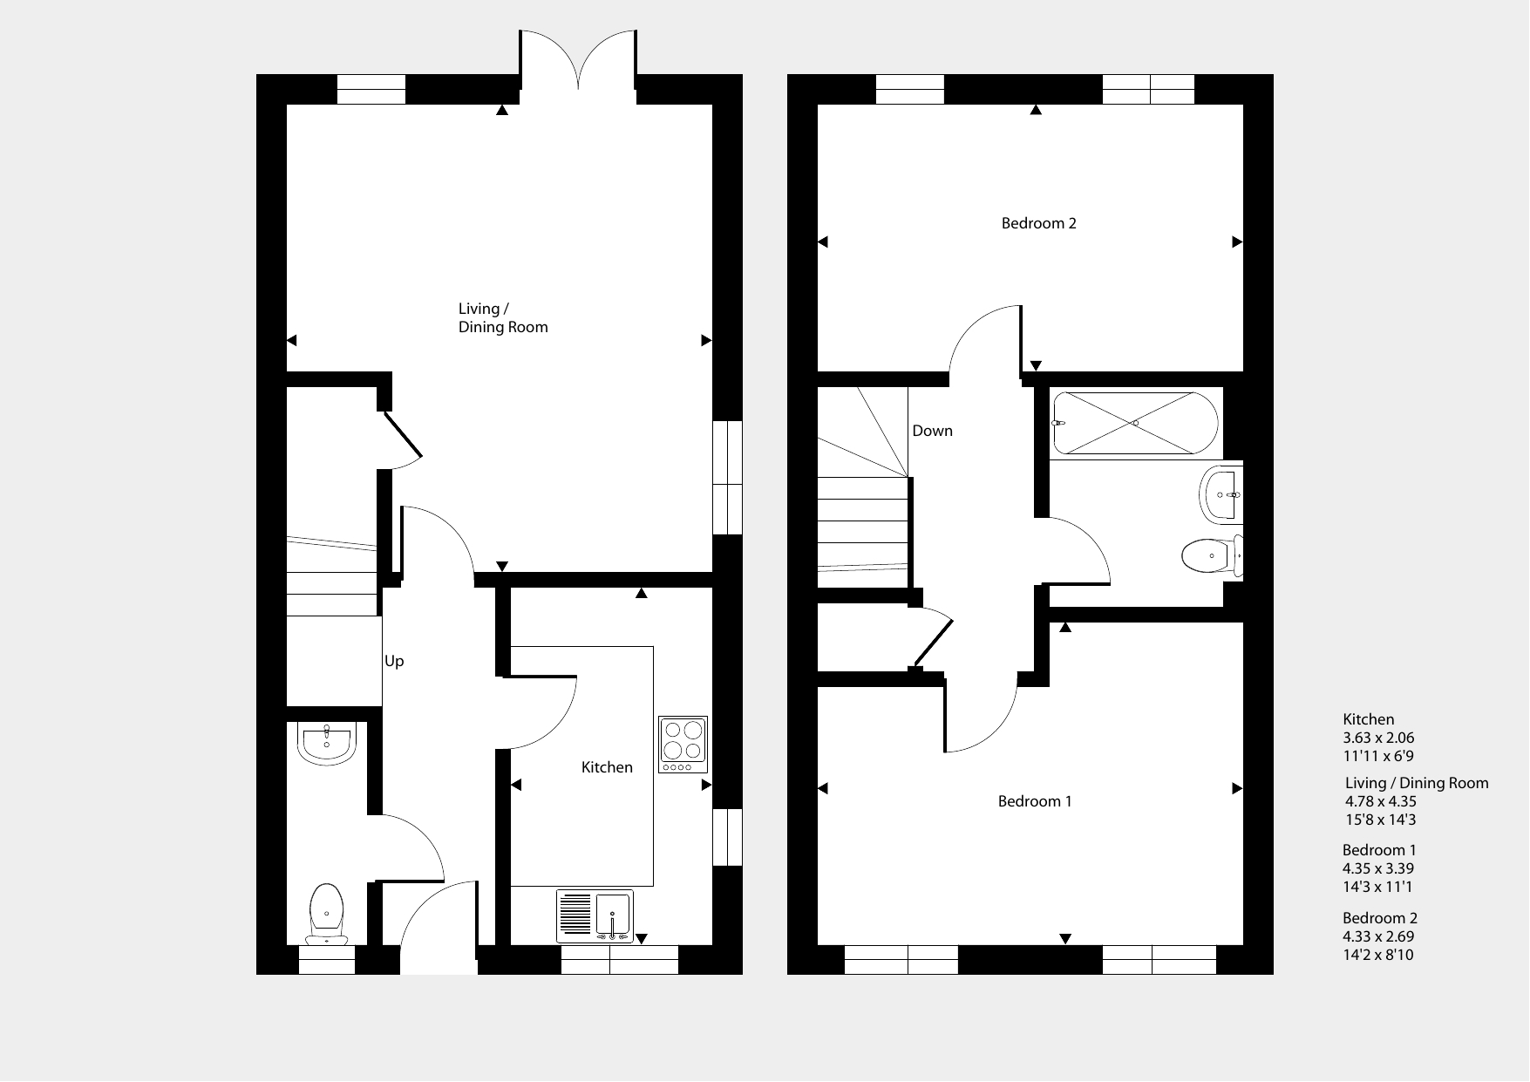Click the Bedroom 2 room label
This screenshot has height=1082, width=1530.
point(1038,223)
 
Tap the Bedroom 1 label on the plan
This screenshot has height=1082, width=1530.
point(1035,801)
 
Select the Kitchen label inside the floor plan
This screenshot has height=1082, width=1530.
point(607,767)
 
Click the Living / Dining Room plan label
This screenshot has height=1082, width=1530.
point(503,318)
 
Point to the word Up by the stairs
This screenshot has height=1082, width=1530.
point(394,662)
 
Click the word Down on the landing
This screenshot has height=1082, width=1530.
point(932,431)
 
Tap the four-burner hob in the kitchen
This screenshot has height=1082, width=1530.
point(683,744)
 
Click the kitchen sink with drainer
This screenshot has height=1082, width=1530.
point(595,916)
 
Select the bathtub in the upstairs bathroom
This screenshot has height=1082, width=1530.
point(1136,423)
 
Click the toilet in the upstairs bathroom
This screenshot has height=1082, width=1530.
point(1213,555)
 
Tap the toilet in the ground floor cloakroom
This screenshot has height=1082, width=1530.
point(327,914)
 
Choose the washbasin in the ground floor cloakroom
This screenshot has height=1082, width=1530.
point(326,743)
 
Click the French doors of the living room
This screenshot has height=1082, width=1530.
point(579,59)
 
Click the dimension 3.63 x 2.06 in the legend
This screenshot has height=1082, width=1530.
point(1378,738)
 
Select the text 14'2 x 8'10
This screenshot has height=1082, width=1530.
point(1378,955)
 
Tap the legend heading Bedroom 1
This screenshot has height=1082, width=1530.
point(1379,850)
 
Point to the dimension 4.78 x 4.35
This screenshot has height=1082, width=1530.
point(1381,801)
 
